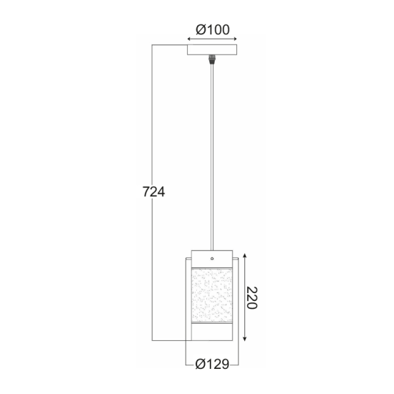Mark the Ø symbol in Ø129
[x=200, y=364]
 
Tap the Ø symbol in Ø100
[x=200, y=29]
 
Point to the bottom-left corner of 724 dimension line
[x=151, y=339]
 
